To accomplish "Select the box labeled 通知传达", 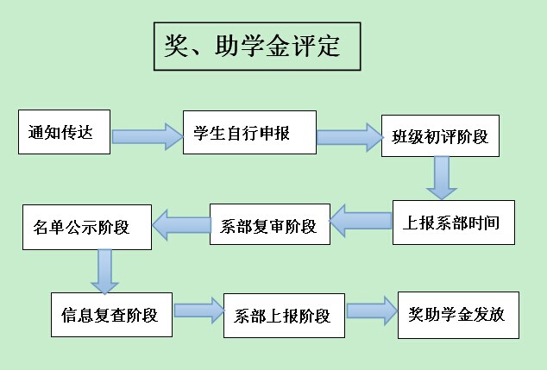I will pos(65,132).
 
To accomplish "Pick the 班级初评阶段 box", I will pos(440,135).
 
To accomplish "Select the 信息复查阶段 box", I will pos(110,313).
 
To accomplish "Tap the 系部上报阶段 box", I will pos(284,315).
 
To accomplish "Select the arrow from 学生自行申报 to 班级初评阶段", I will pos(348,136).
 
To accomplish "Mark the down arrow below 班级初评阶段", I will pos(442,177).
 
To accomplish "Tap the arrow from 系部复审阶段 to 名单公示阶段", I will pos(180,226).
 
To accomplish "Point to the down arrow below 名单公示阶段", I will pos(104,270).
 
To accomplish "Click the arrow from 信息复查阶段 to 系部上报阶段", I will pos(198,311).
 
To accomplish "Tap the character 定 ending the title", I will pos(327,47).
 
